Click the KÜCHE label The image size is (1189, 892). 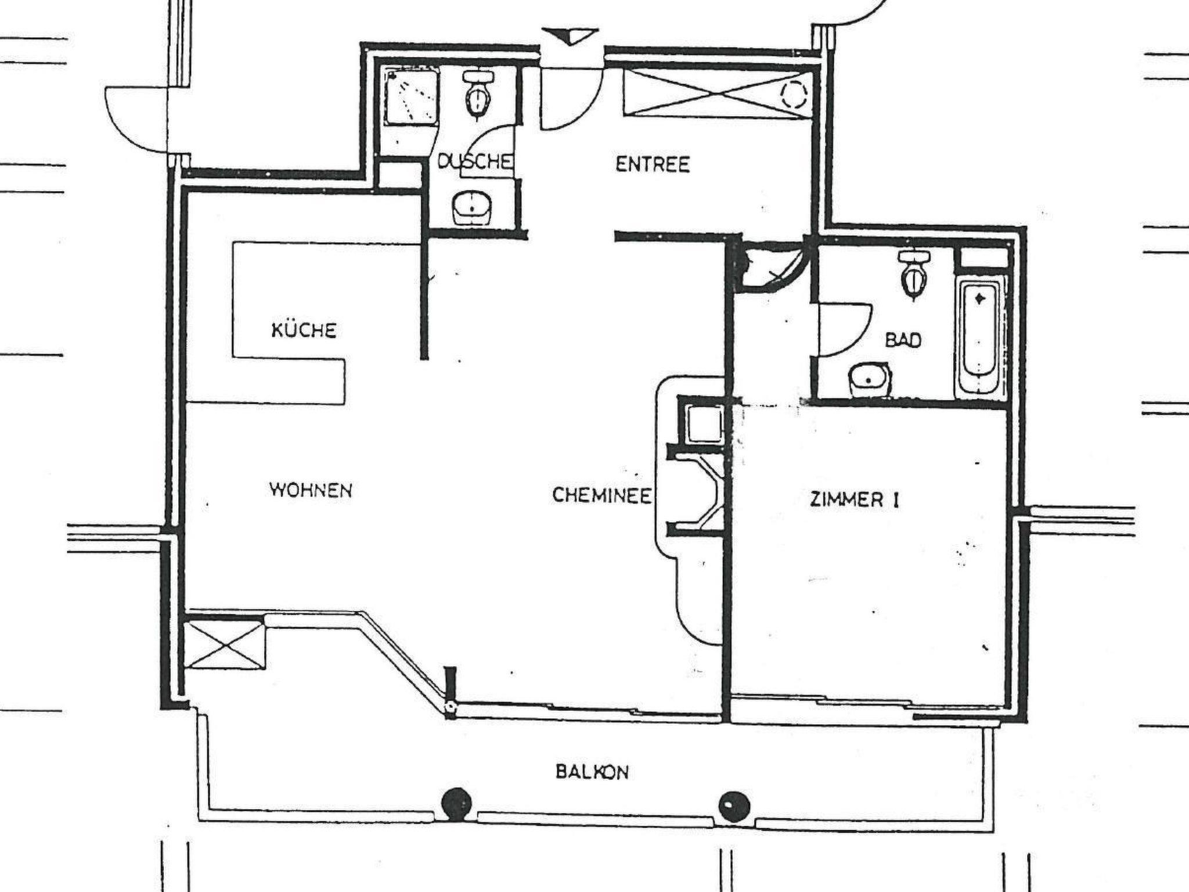[x=304, y=330]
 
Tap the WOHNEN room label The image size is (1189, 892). [x=311, y=490]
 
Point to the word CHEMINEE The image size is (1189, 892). [x=601, y=495]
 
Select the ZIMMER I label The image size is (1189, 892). [x=854, y=500]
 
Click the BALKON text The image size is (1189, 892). [x=592, y=772]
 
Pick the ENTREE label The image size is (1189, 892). [x=653, y=164]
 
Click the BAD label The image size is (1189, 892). [x=904, y=340]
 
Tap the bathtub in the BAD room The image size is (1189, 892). [x=980, y=336]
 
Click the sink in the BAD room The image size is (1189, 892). [x=869, y=380]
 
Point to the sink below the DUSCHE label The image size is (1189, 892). [x=471, y=208]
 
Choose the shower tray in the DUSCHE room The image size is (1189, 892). [x=410, y=97]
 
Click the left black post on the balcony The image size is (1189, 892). [x=457, y=804]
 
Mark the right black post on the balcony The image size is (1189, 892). [x=734, y=806]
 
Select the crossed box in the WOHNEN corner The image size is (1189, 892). [x=224, y=645]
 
